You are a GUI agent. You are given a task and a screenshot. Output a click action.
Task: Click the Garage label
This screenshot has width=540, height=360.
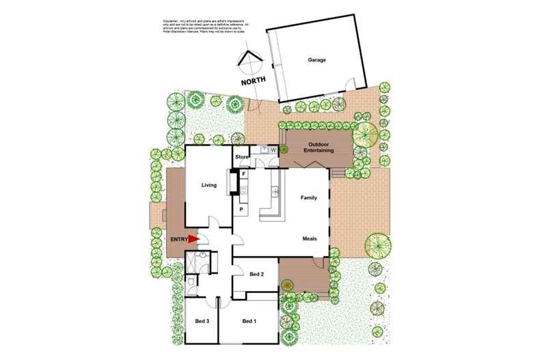tap(316, 60)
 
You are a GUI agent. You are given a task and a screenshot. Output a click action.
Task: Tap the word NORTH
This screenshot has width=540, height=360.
tap(254, 82)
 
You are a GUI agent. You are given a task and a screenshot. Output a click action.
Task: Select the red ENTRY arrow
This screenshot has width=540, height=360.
tap(193, 238)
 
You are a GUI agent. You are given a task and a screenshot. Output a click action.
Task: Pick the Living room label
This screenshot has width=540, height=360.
tap(208, 185)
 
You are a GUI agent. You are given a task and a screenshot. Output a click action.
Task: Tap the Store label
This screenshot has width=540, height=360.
tap(242, 157)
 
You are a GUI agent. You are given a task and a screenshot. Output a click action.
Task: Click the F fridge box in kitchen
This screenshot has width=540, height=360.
tap(243, 174)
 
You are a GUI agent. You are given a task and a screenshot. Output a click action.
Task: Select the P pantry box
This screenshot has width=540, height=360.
tap(241, 208)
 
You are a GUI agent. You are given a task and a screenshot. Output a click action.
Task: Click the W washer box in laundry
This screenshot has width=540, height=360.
tap(273, 150)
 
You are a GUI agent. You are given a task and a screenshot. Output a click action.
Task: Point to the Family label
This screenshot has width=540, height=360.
tap(310, 197)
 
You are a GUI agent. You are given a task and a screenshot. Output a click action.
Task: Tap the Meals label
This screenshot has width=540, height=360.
tap(312, 238)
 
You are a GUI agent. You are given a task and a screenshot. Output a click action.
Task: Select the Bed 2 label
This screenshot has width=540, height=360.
tap(256, 274)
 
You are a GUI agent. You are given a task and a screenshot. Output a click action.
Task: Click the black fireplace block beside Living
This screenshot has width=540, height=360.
tap(233, 182)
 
